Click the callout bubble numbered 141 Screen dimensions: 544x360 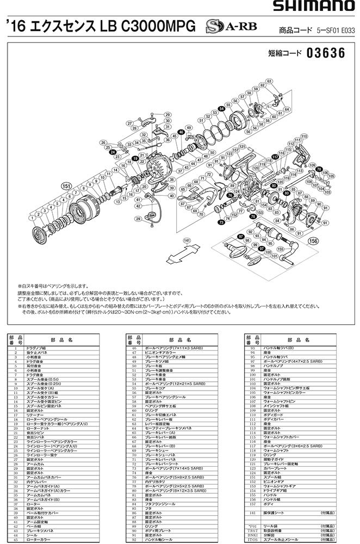[187, 240]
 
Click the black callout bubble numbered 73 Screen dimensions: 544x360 [221, 222]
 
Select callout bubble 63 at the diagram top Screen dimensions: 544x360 [269, 82]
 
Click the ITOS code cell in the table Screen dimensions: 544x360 [250, 540]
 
